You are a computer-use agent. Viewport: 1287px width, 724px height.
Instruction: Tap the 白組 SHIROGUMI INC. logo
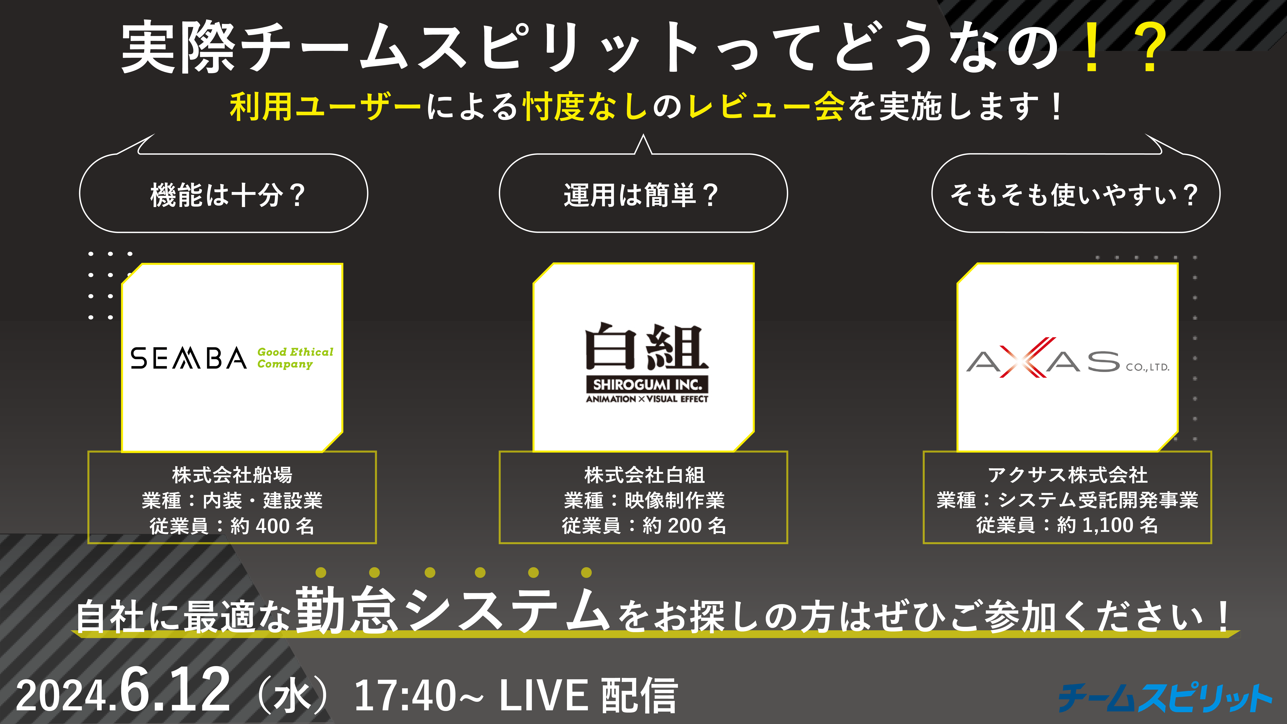point(647,362)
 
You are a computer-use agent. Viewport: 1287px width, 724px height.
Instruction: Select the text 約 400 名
point(272,526)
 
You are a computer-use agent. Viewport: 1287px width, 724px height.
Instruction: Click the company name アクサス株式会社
point(1068,475)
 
